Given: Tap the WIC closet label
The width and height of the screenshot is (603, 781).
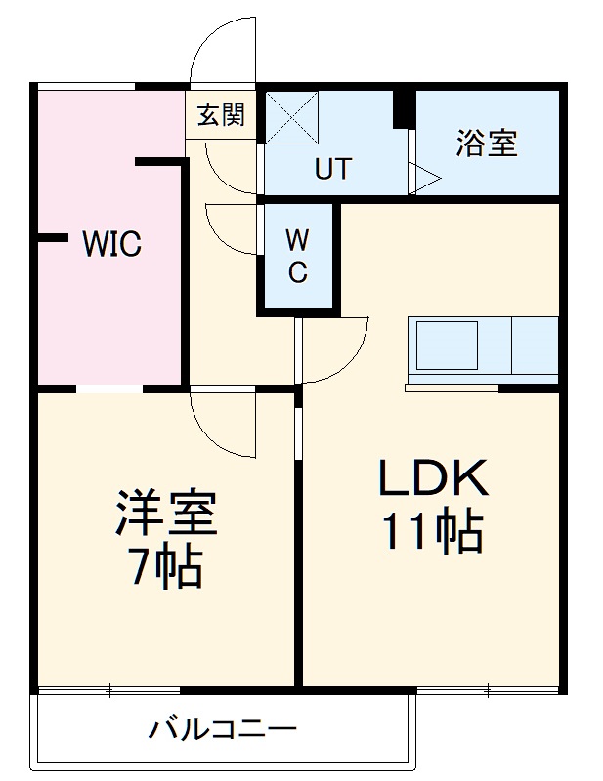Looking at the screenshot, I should coord(110,244).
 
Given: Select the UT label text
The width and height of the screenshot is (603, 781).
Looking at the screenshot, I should coord(332,169).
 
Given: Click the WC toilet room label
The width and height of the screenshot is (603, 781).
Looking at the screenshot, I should coord(297,257).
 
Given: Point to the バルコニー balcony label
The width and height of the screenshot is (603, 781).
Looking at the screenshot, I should coord(223,729).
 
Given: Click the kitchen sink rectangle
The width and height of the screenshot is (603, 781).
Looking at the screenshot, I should coord(449,345).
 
